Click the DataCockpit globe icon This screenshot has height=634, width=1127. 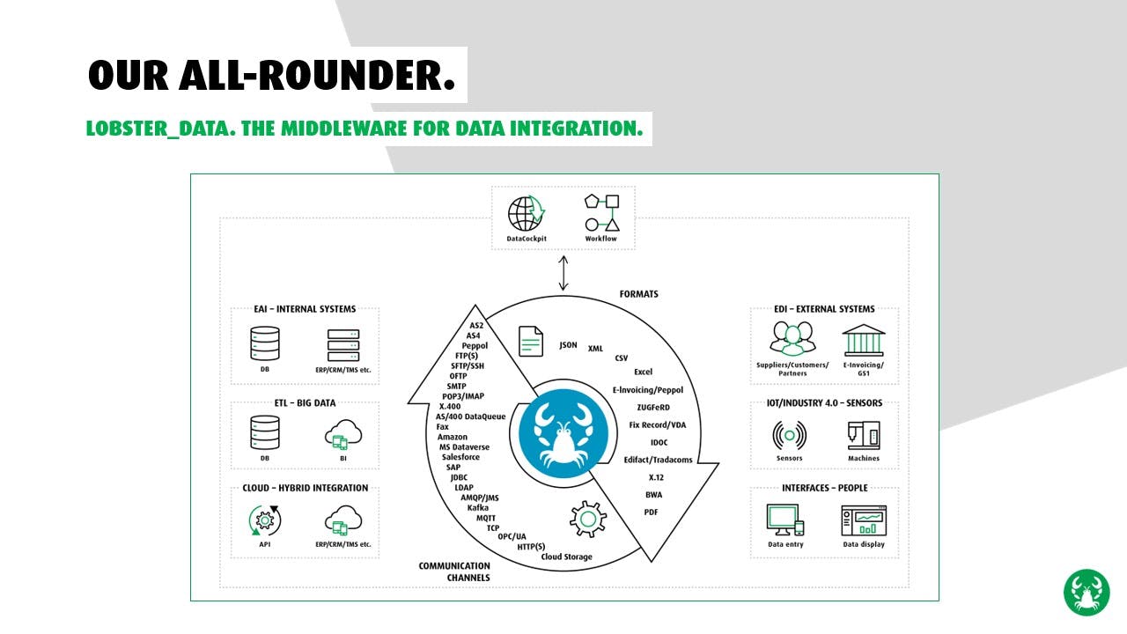[x=527, y=214]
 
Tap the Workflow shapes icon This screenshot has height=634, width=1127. [x=601, y=213]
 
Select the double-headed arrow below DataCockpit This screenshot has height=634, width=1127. [x=563, y=272]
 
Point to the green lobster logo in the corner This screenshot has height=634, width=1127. [x=1086, y=593]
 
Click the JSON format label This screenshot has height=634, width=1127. [x=569, y=345]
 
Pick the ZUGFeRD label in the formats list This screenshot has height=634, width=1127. [x=653, y=408]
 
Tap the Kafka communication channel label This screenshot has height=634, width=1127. [x=478, y=508]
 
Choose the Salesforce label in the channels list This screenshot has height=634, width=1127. [x=460, y=457]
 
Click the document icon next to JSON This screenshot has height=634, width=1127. [x=531, y=341]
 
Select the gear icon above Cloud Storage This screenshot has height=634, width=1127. [x=587, y=519]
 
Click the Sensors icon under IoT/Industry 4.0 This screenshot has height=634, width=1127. [x=789, y=435]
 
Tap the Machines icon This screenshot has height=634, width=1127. [x=863, y=435]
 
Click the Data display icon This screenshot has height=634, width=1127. [x=864, y=520]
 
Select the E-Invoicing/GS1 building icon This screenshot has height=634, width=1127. [x=864, y=340]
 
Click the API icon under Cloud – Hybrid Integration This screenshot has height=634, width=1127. [x=265, y=520]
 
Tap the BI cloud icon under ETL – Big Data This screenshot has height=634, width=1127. [x=343, y=433]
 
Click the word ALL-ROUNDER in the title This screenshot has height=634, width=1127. [x=317, y=76]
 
